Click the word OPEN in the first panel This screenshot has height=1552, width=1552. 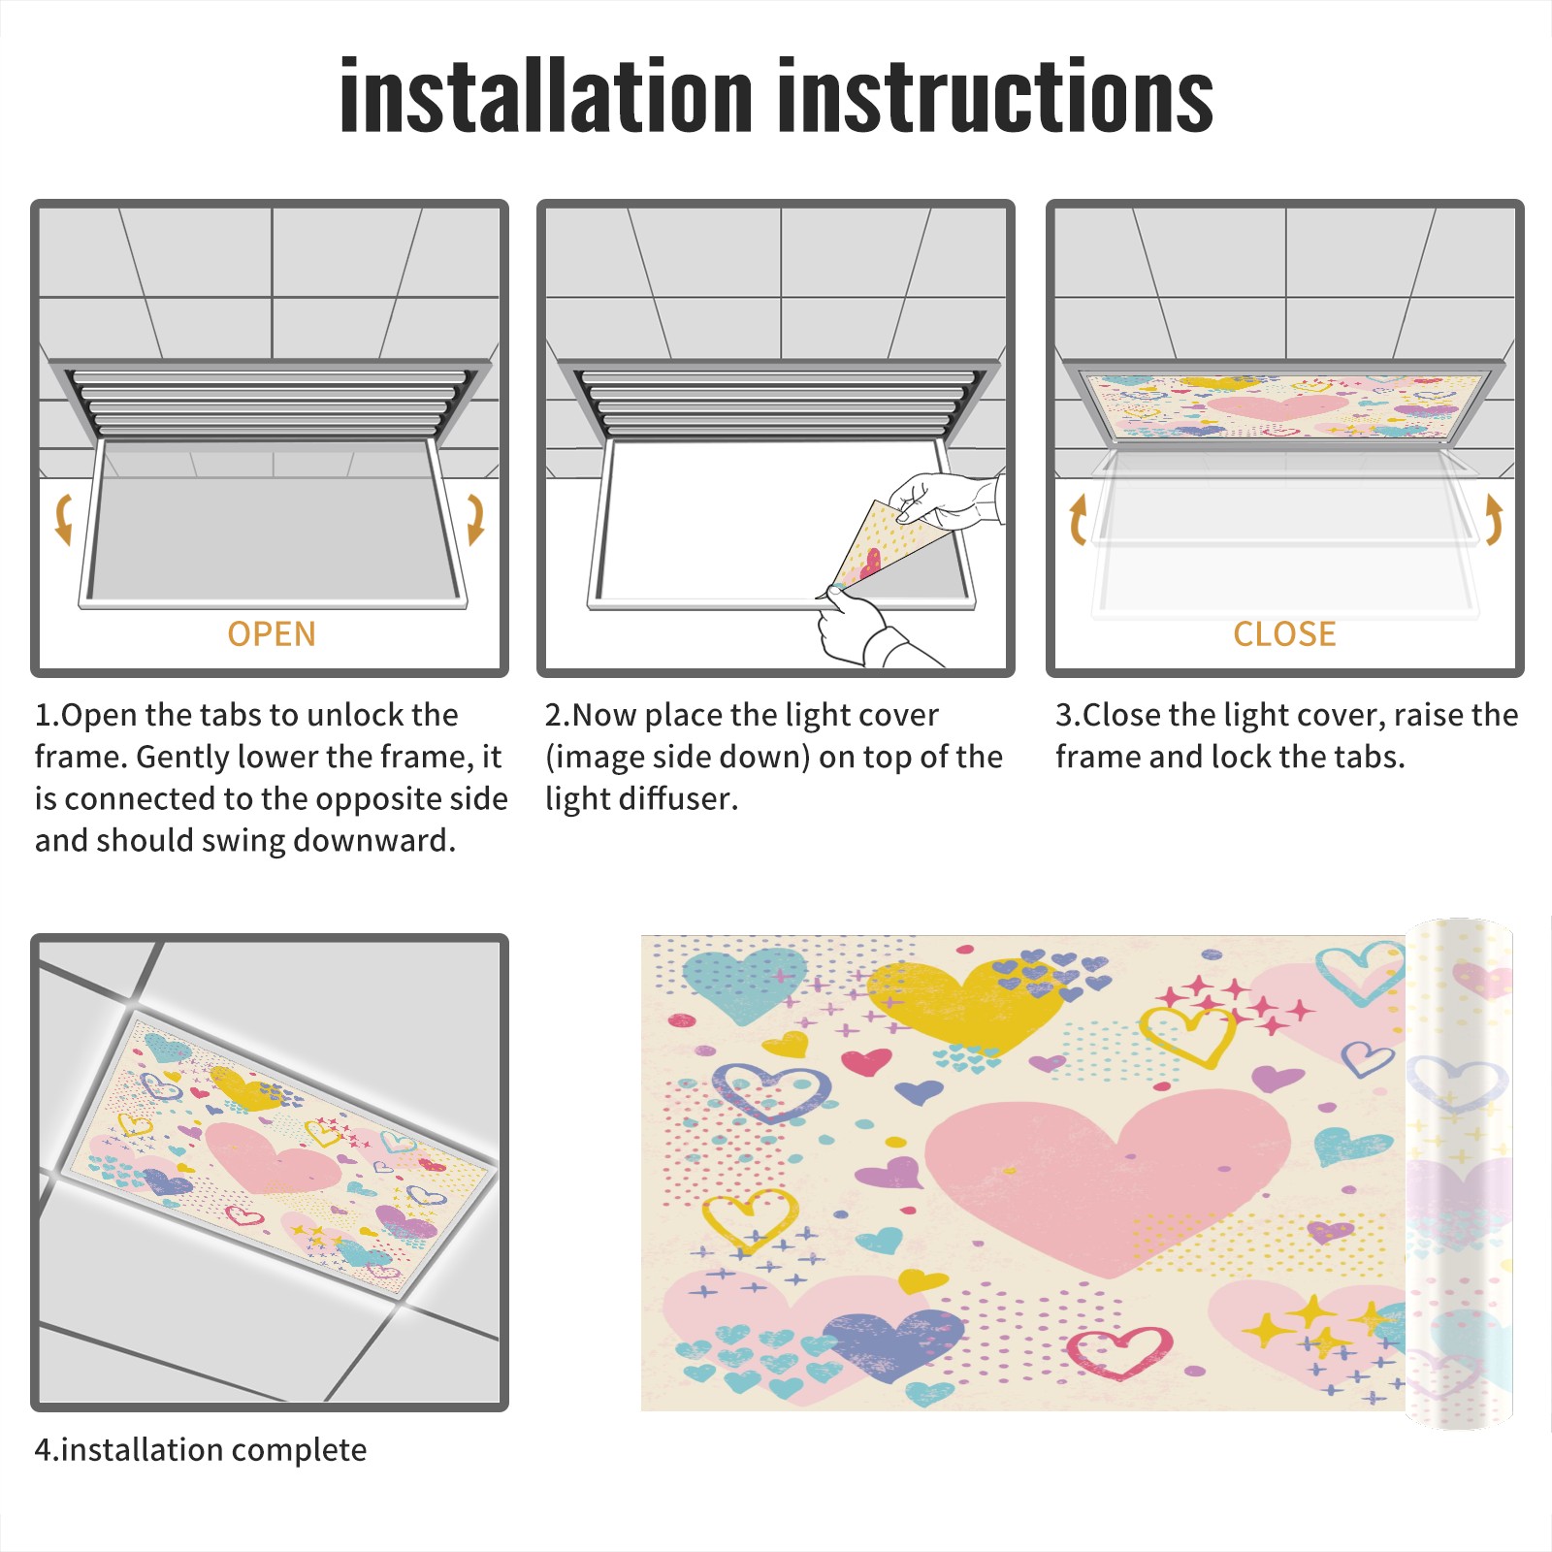pos(272,634)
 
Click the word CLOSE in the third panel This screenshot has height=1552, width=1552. pos(1284,634)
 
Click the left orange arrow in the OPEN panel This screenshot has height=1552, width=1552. pos(63,519)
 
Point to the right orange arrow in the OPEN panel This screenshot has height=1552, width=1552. pos(476,519)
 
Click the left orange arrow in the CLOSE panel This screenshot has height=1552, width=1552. pos(1077,519)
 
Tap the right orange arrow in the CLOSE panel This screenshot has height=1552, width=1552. pos(1494,519)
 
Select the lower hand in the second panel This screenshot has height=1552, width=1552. pos(868,630)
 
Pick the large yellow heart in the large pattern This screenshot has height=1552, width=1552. pos(965,1004)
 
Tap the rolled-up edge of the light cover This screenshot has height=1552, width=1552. pos(1459,1174)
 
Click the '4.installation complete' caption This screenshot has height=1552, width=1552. pos(201,1450)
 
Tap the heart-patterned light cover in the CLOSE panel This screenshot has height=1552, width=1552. pos(1284,405)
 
